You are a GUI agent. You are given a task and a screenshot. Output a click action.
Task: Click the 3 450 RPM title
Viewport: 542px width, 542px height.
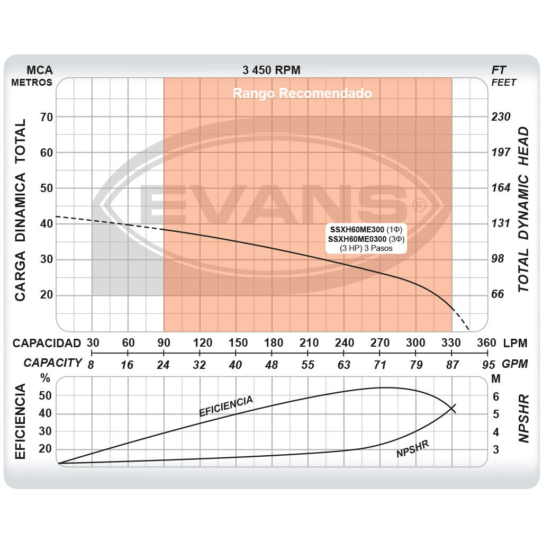272,70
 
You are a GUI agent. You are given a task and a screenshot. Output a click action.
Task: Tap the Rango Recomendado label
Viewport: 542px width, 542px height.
302,94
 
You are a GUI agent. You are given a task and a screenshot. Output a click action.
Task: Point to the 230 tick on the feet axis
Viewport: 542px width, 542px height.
501,117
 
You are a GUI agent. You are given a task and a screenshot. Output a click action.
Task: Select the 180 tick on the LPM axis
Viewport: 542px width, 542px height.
273,343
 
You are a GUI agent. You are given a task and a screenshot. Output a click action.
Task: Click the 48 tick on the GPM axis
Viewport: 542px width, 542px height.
271,365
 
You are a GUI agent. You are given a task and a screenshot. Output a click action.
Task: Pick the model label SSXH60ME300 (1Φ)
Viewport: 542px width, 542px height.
365,230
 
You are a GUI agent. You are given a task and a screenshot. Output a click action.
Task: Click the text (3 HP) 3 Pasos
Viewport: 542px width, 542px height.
366,248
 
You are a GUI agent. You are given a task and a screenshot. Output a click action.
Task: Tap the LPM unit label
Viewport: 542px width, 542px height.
515,343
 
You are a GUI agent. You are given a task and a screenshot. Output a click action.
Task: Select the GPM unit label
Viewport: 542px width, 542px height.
515,365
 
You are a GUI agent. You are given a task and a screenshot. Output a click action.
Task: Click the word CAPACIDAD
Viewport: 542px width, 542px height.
47,343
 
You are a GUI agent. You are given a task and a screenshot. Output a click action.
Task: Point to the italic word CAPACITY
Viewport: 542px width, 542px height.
53,363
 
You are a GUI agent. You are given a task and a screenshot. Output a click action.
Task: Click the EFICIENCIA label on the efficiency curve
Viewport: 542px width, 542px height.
226,406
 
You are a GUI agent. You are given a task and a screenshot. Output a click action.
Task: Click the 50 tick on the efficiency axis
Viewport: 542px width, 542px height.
45,396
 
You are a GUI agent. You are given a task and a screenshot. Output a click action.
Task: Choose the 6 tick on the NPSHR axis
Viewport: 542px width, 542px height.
496,396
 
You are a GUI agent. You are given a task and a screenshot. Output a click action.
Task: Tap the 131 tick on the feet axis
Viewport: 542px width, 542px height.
501,223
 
